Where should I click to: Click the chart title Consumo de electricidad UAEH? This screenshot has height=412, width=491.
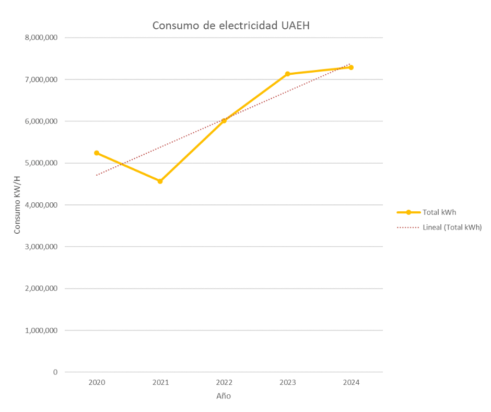[x=231, y=26]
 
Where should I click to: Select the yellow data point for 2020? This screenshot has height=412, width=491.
[x=97, y=153]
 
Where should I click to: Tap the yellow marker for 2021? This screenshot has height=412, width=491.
[x=160, y=181]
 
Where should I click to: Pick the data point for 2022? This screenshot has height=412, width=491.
[x=224, y=121]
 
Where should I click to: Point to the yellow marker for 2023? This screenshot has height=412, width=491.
[x=287, y=74]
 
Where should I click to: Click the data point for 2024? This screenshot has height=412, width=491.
[x=351, y=67]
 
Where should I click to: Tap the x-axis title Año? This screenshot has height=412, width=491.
[x=224, y=396]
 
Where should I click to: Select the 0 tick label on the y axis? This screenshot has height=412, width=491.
[x=55, y=372]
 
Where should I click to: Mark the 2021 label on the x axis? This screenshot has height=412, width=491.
[x=160, y=383]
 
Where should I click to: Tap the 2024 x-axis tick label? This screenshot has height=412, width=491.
[x=351, y=383]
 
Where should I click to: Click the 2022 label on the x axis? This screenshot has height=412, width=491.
[x=224, y=383]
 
